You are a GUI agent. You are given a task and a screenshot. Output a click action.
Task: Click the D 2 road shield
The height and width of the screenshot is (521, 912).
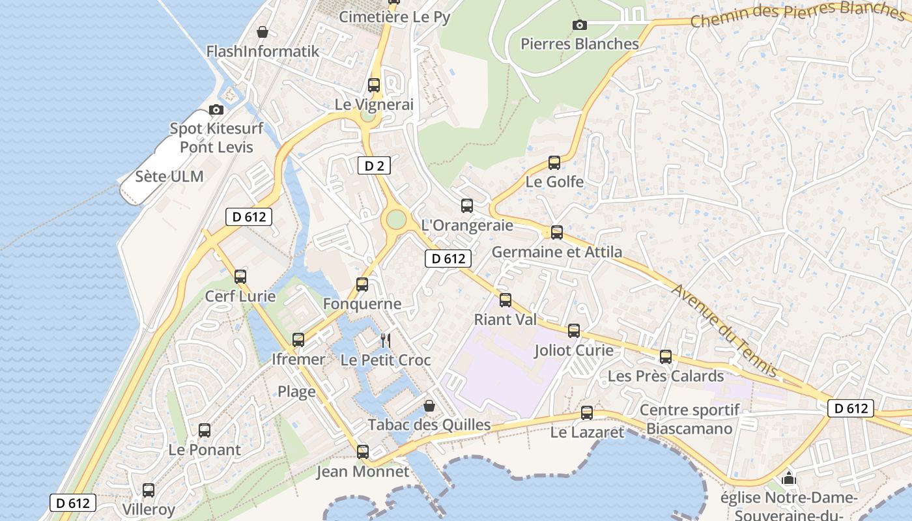coord(374,165)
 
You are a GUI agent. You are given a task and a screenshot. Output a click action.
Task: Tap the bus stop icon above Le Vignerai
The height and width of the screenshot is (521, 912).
coord(374,85)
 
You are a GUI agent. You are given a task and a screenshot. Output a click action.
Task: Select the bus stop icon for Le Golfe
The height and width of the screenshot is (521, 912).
coord(554,163)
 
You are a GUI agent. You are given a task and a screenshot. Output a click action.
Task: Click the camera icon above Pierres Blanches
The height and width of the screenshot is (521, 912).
coord(579,25)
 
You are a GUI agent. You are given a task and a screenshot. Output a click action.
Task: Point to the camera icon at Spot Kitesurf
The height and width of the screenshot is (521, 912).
coord(216,109)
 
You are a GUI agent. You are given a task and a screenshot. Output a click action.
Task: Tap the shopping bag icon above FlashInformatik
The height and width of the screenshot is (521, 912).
coord(262,31)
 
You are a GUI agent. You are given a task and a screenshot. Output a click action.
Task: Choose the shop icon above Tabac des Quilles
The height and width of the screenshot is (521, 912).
coord(429,406)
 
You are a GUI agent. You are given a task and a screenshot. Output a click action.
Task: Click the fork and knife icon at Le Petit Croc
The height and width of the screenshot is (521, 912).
coord(385,340)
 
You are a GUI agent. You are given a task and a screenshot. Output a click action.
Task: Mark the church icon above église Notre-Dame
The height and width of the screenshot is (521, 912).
coord(789,479)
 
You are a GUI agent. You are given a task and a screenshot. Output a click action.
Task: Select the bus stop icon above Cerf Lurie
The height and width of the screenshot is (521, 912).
coord(240,276)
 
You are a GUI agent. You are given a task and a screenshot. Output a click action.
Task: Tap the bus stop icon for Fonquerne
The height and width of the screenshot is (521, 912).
coord(362,285)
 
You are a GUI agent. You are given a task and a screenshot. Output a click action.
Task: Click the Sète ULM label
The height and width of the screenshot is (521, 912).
coord(169,176)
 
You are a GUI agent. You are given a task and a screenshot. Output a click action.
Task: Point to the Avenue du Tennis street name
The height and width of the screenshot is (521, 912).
coord(724,330)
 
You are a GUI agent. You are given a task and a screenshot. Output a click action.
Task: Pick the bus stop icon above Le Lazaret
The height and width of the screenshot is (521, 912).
coord(587,412)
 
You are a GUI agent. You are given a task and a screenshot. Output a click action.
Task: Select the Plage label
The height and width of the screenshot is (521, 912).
coord(296,391)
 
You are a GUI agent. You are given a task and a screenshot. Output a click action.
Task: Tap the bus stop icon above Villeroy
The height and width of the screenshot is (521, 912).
coord(149,490)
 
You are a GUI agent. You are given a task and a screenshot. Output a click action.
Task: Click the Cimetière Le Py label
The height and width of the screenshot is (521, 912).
coord(394,17)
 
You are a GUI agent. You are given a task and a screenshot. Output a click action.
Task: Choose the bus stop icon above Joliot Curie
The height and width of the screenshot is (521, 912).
coord(574,331)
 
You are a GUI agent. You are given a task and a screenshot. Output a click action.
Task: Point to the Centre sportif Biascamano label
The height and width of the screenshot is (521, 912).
coord(690,419)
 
